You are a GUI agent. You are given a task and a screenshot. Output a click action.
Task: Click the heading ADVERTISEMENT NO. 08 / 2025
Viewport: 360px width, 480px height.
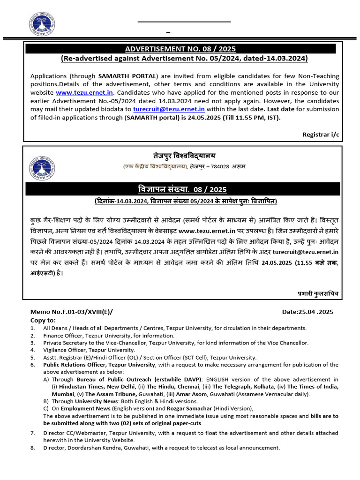click(x=180, y=49)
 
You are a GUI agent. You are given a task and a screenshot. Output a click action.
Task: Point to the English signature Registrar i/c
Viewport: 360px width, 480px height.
click(x=321, y=134)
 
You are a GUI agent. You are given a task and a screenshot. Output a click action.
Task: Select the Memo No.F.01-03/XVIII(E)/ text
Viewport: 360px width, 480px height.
click(x=72, y=312)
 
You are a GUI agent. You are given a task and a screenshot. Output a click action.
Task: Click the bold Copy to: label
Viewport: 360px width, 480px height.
click(x=43, y=320)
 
